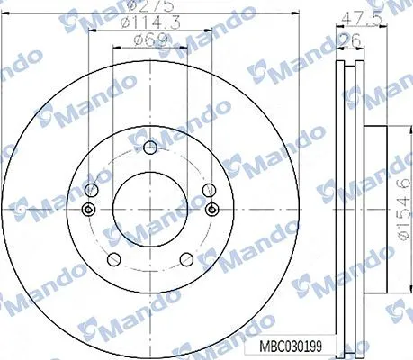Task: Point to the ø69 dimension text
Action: (150, 40)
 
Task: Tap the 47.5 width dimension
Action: (362, 19)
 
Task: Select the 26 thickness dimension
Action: (350, 40)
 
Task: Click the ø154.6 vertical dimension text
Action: (404, 209)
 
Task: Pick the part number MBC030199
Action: (291, 346)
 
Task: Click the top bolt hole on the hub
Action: (150, 147)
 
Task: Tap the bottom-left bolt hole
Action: (114, 259)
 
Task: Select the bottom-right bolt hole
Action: (186, 259)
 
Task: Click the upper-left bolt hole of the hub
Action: (92, 190)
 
